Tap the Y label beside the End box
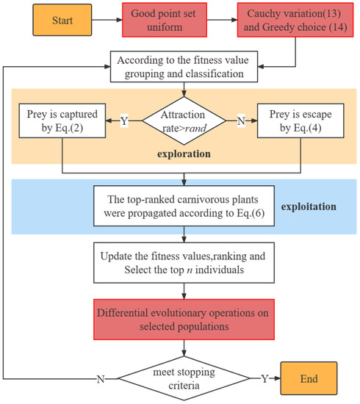[x=265, y=380]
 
